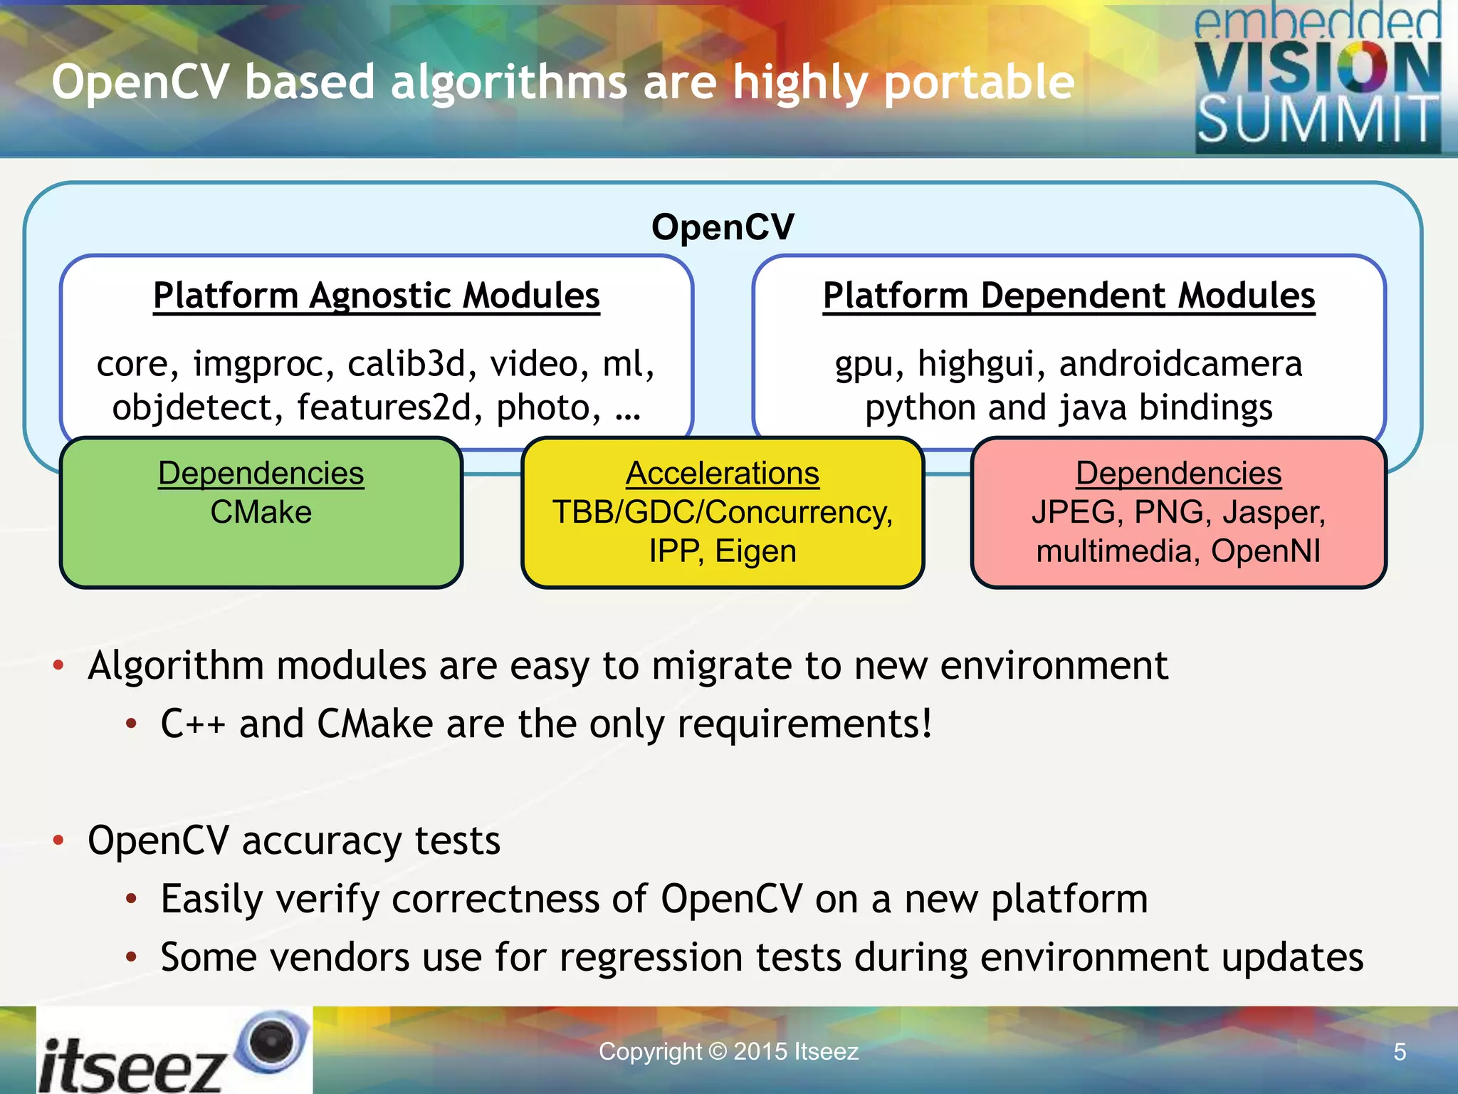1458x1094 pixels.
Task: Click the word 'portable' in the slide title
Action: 979,83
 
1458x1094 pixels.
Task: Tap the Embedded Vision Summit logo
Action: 1317,78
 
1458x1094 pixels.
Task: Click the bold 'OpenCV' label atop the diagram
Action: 723,227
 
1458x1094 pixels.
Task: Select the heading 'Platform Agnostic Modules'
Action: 377,296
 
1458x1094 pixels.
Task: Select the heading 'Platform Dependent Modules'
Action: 1069,296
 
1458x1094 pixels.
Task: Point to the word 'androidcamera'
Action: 1180,364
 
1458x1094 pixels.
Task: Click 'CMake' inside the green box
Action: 261,512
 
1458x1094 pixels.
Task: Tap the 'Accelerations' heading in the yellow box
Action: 723,473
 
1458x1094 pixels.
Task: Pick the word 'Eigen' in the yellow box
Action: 755,551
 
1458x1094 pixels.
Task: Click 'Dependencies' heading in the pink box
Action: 1178,473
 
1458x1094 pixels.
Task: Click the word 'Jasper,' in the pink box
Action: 1274,512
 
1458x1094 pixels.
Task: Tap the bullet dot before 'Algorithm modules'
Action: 59,666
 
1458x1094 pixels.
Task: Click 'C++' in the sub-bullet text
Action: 192,724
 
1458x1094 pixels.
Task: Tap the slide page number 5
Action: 1399,1052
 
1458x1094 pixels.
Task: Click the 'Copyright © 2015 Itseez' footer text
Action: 728,1051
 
